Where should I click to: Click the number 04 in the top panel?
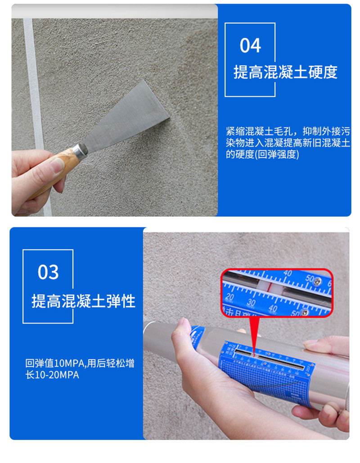(250, 46)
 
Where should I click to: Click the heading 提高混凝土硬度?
(285, 72)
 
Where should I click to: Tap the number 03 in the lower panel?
(48, 272)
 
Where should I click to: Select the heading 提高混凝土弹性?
(83, 301)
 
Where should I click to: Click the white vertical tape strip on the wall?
(34, 90)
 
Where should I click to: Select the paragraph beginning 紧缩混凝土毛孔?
(288, 143)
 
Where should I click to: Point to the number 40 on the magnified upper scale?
(287, 273)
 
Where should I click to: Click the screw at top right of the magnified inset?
(318, 281)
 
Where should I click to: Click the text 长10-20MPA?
(52, 375)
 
